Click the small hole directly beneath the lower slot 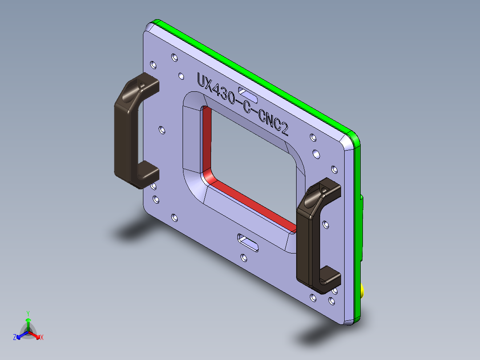(243, 257)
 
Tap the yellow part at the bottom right (363, 292)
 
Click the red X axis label (42, 338)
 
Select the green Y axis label (28, 313)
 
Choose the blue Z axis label (15, 337)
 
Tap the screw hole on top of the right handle (323, 190)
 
